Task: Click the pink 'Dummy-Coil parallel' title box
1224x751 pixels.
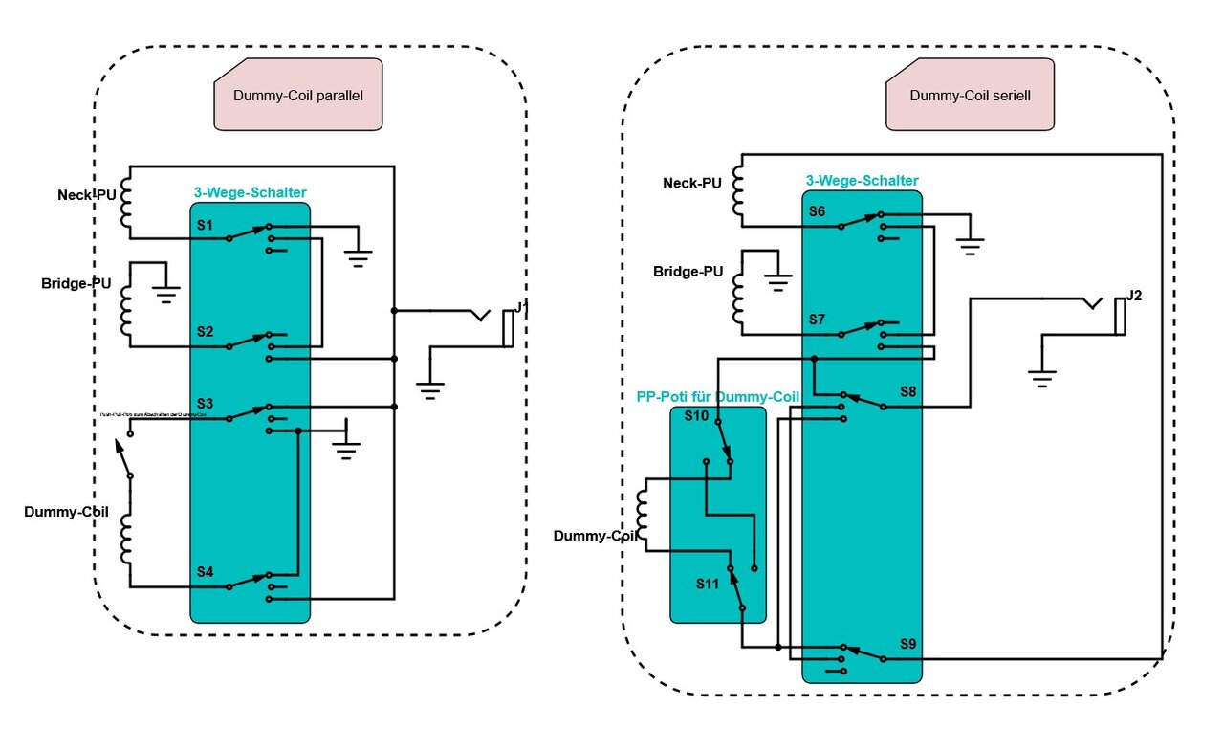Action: (297, 95)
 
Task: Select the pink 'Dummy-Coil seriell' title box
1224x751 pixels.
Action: (970, 95)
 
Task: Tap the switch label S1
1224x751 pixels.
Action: (205, 225)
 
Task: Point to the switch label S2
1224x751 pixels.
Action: (205, 332)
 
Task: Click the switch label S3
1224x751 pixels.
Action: (205, 403)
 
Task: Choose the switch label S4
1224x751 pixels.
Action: (205, 571)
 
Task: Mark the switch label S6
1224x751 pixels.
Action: (817, 211)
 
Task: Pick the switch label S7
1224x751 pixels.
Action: (817, 319)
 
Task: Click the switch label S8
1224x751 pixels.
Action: (907, 391)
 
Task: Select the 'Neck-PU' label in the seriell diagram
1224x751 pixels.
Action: (692, 183)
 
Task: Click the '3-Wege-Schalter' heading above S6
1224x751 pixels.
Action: (862, 180)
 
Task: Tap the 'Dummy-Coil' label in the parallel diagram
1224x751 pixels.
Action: (66, 512)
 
